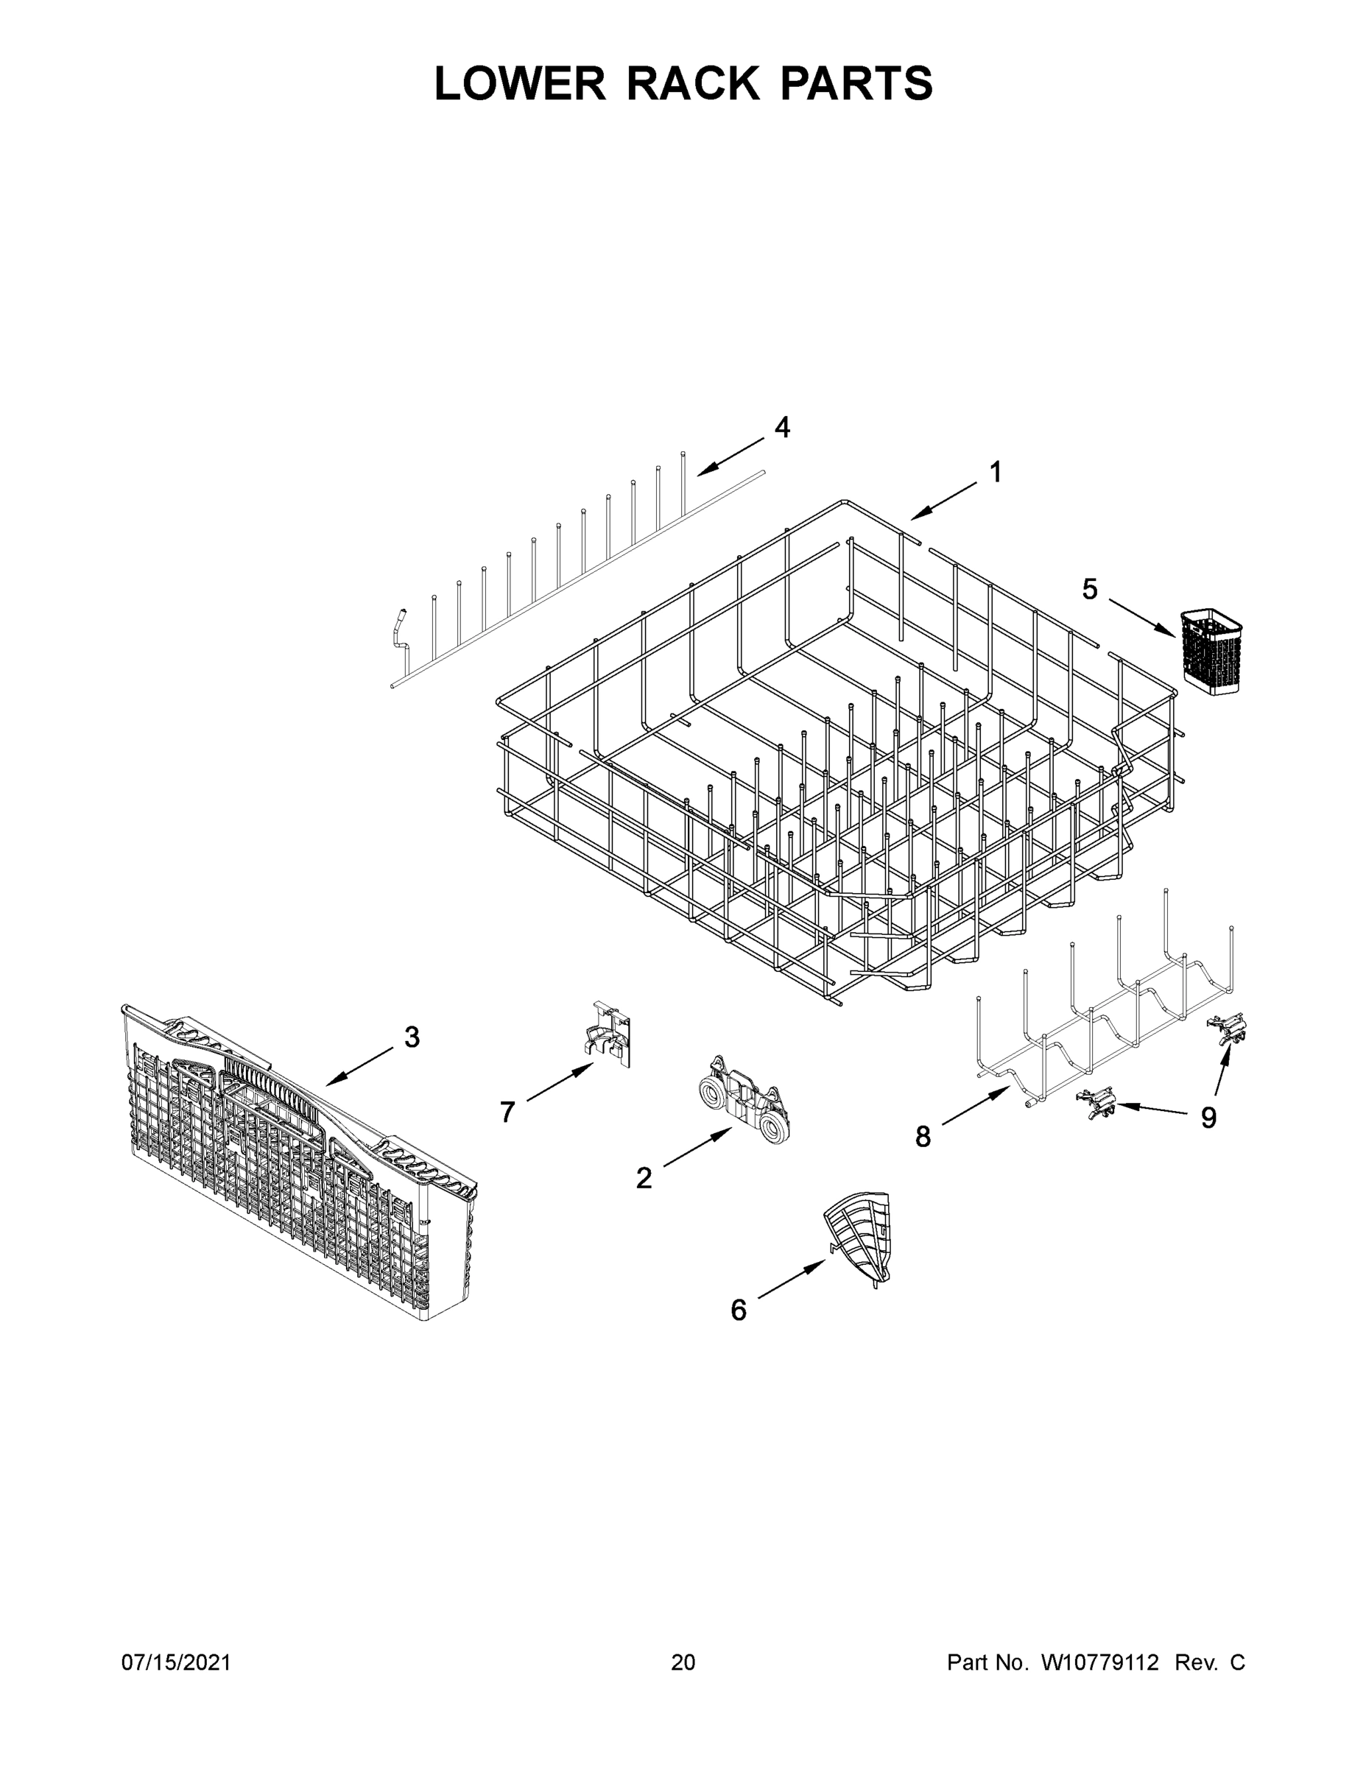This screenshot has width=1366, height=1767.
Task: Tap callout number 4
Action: coord(782,426)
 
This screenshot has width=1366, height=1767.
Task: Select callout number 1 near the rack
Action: coord(996,472)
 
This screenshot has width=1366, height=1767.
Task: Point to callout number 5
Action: coord(1090,590)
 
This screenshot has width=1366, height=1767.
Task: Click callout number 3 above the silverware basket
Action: coord(412,1037)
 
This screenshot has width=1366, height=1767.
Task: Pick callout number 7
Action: coord(507,1112)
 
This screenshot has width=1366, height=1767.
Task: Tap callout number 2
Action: coord(644,1178)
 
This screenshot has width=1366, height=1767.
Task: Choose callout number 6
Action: coord(738,1310)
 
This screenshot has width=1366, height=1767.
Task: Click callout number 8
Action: coord(923,1137)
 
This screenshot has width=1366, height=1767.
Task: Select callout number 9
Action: coord(1208,1118)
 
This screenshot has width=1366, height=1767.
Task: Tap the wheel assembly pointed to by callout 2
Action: coord(742,1098)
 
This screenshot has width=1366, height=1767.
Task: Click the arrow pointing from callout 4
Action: coord(730,456)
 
